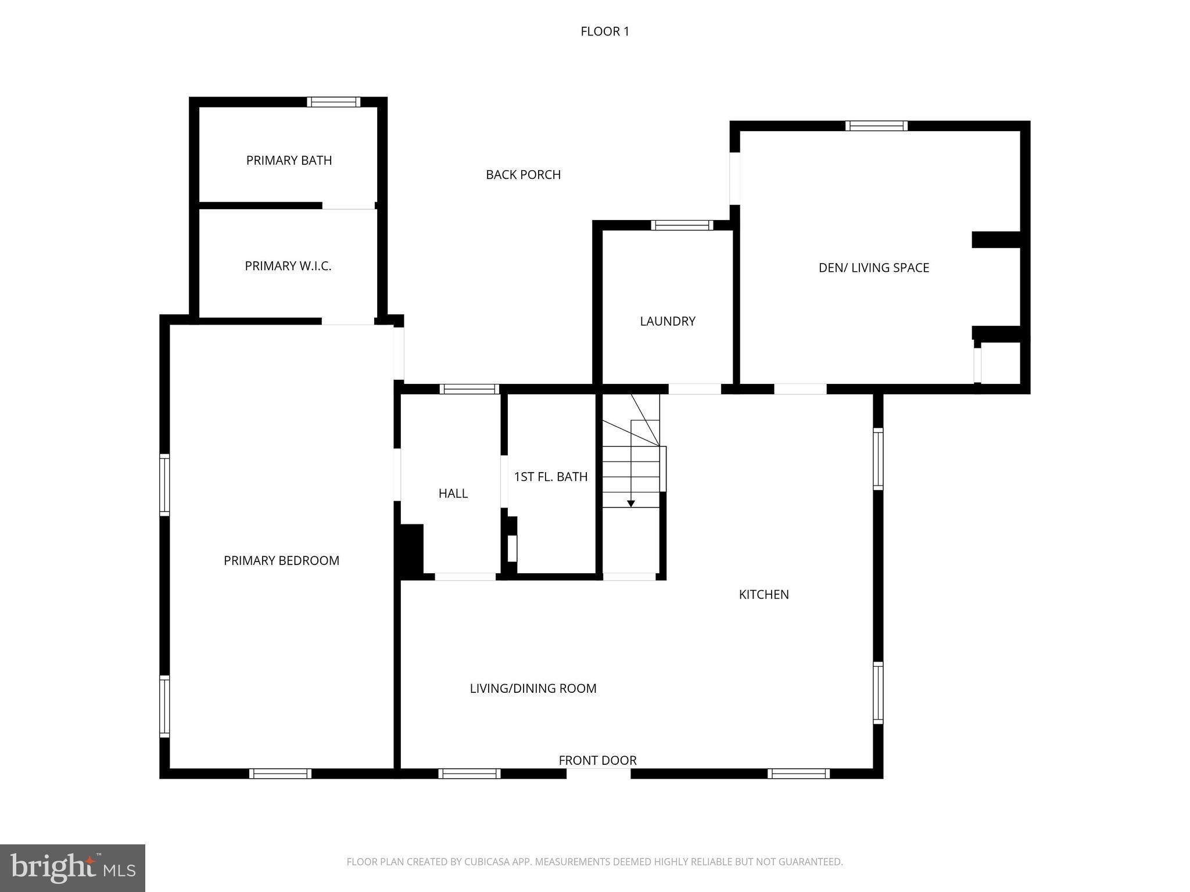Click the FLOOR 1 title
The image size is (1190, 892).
[604, 31]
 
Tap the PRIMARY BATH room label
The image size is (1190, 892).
[289, 160]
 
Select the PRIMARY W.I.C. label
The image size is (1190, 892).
[288, 266]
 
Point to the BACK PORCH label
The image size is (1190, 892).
[523, 175]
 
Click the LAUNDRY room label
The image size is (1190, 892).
[667, 321]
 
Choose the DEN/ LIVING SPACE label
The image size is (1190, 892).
[873, 268]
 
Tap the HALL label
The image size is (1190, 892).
[453, 494]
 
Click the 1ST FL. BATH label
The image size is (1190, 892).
[550, 477]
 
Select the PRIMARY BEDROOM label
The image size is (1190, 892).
[281, 560]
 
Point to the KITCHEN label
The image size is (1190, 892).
[764, 595]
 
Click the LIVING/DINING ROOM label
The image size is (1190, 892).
[533, 689]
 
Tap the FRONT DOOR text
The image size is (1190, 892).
[597, 760]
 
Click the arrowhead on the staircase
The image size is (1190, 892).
[630, 503]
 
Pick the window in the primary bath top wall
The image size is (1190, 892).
[334, 102]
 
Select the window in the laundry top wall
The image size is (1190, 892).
[682, 225]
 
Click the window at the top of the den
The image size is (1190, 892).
[876, 126]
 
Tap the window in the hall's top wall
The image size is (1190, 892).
[469, 389]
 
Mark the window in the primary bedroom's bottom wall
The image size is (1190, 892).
[280, 774]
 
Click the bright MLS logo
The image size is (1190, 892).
[73, 868]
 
